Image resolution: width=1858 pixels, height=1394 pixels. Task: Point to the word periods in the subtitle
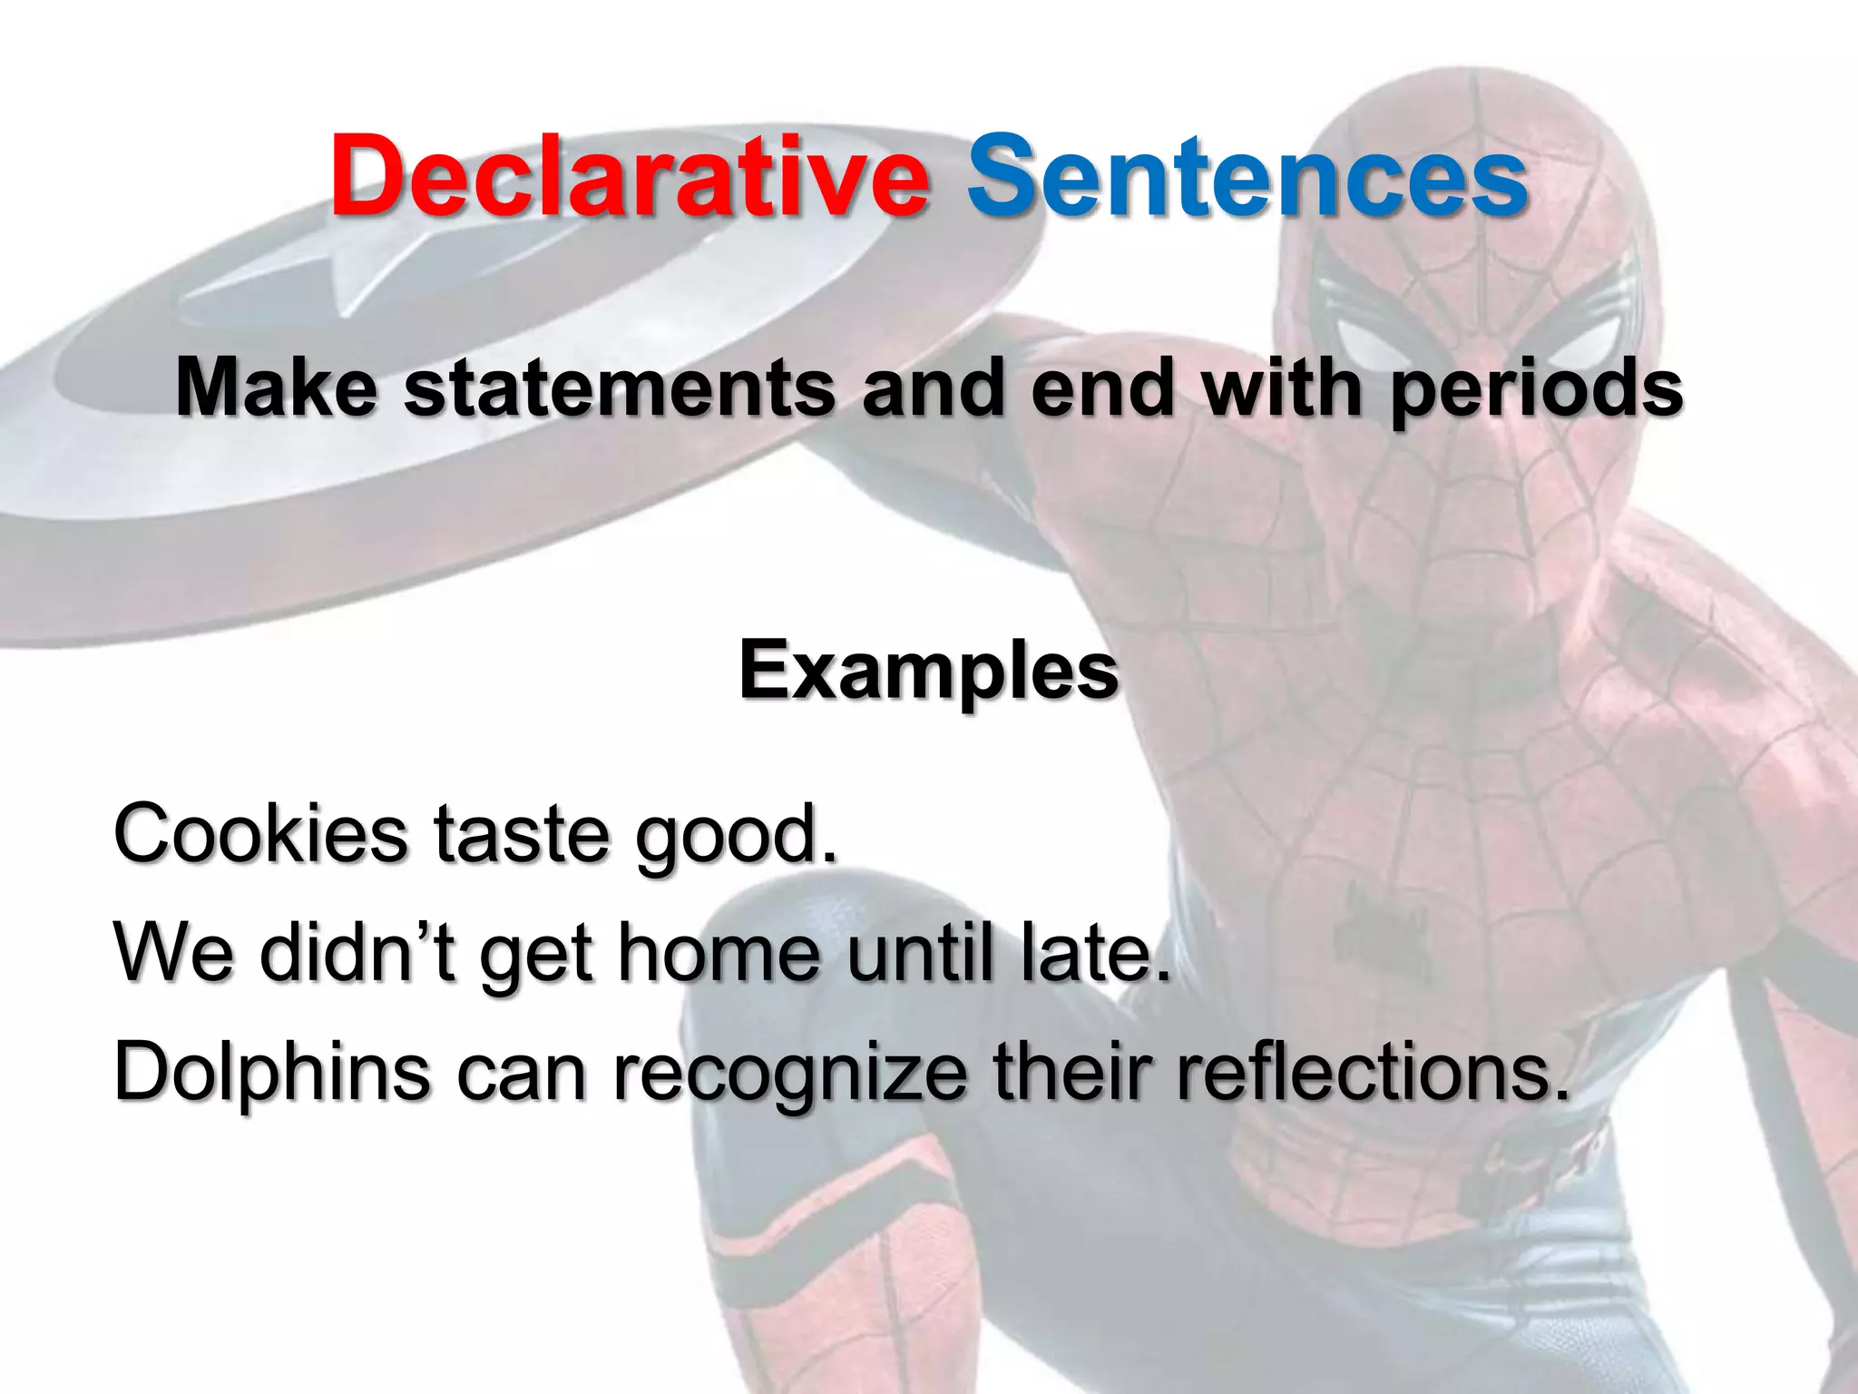pos(1535,390)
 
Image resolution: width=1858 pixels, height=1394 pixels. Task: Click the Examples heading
pos(928,672)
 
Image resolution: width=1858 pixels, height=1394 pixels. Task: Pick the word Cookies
pos(261,833)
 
